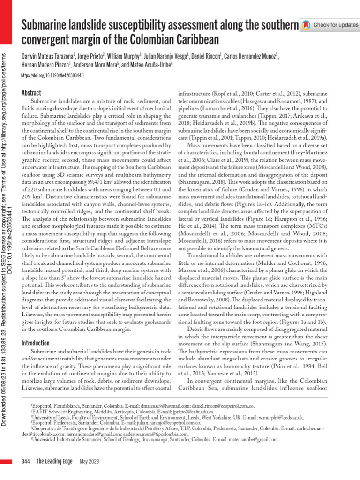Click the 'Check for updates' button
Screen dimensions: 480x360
330,24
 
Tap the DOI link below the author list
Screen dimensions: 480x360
53,76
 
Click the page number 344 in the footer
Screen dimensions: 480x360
26,462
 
